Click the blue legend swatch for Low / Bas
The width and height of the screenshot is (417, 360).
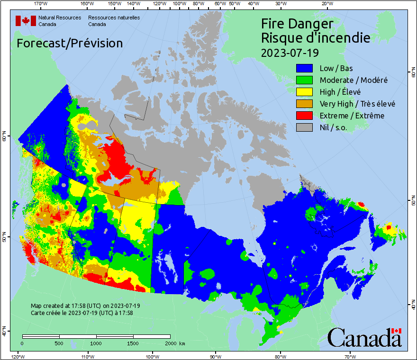pyautogui.click(x=305, y=68)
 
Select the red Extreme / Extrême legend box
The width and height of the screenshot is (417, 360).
pyautogui.click(x=305, y=116)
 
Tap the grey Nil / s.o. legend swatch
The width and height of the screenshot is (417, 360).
pyautogui.click(x=305, y=127)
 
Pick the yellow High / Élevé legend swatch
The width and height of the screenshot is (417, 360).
pyautogui.click(x=305, y=92)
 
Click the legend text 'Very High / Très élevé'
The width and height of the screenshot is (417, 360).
pyautogui.click(x=357, y=104)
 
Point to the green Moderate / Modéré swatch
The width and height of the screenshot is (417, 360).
pyautogui.click(x=305, y=80)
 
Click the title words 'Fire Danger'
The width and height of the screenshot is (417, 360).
pyautogui.click(x=297, y=24)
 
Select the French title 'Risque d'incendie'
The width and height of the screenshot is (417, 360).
pyautogui.click(x=316, y=38)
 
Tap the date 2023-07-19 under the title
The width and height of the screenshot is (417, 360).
pyautogui.click(x=290, y=52)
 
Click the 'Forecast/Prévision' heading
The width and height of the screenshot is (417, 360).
pyautogui.click(x=70, y=43)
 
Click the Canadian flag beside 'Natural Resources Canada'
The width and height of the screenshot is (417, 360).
pyautogui.click(x=26, y=21)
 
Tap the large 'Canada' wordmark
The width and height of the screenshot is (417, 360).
pyautogui.click(x=364, y=338)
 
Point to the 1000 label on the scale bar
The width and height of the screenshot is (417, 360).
pyautogui.click(x=96, y=343)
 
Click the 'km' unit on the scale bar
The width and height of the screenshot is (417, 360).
pyautogui.click(x=182, y=343)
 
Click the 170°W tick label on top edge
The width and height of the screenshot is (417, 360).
pyautogui.click(x=41, y=4)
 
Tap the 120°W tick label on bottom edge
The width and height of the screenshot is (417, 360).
pyautogui.click(x=18, y=356)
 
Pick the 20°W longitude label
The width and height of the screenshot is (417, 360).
pyautogui.click(x=326, y=4)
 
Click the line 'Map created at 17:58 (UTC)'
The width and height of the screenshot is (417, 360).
pyautogui.click(x=85, y=306)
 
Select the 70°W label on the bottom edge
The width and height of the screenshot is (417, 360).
pyautogui.click(x=350, y=356)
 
